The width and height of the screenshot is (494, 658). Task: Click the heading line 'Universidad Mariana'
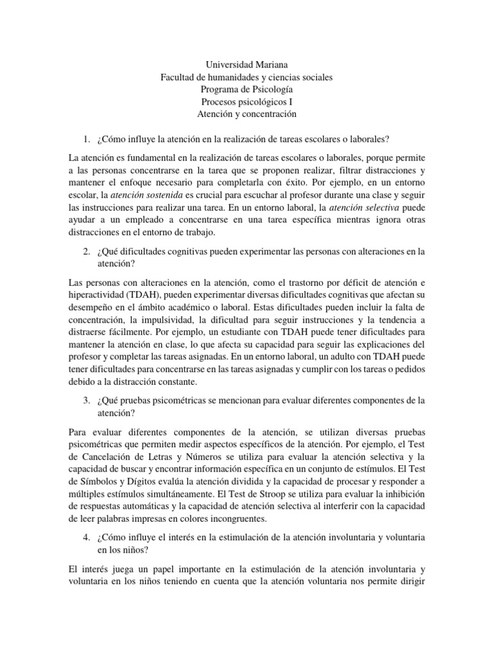click(x=247, y=65)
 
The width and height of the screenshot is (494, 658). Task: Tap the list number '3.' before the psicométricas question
click(x=86, y=401)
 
